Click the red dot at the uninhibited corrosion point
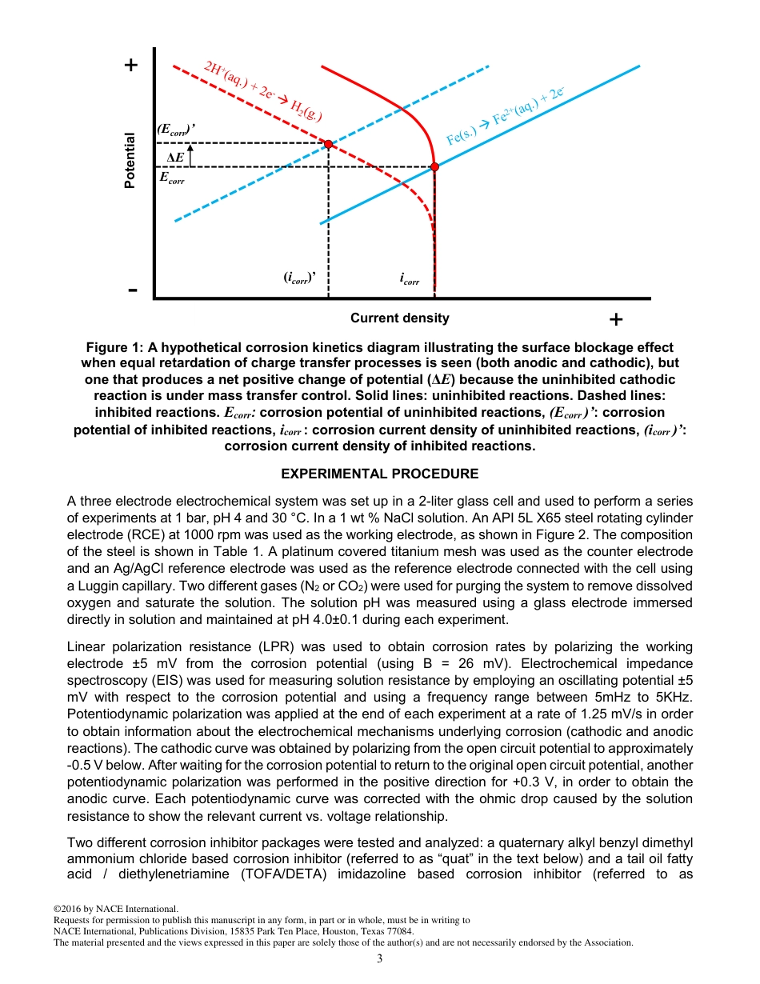[x=434, y=167]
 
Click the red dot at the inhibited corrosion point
[x=328, y=144]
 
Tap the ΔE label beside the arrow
[x=174, y=157]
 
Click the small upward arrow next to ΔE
[x=190, y=154]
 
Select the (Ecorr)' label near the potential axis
[x=176, y=129]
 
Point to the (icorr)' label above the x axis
[x=301, y=278]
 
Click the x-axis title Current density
[x=399, y=318]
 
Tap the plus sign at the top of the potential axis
[x=131, y=65]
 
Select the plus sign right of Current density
[x=615, y=320]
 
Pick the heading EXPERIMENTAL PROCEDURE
[x=380, y=474]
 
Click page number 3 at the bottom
[x=380, y=958]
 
